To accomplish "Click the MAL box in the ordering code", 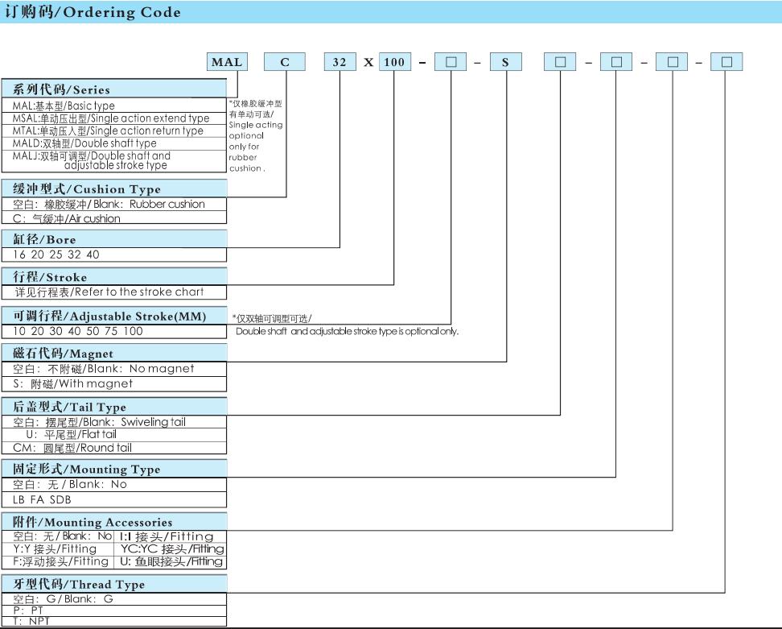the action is click(227, 62).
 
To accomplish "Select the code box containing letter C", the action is click(285, 62).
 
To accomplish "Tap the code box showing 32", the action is click(340, 62).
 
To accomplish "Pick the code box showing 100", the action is click(394, 62).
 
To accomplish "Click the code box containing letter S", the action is click(506, 62).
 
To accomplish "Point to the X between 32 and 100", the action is click(368, 62).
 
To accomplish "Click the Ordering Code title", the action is click(93, 12).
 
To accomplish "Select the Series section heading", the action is click(61, 89).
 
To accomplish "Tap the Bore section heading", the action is click(44, 239).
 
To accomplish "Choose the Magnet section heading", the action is click(64, 354).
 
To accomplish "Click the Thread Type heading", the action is click(79, 584).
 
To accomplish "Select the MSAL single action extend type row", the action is click(111, 118).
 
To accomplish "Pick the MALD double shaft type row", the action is click(84, 143).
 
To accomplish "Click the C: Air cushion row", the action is click(66, 218).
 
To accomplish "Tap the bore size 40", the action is click(93, 254).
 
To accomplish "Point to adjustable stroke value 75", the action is click(111, 331).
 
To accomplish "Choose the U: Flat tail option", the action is click(72, 434).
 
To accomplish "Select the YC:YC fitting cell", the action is click(172, 548).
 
